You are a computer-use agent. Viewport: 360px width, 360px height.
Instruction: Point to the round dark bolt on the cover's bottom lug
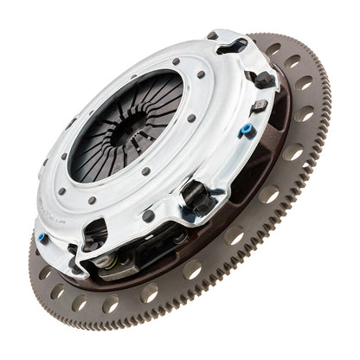[150, 216]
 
